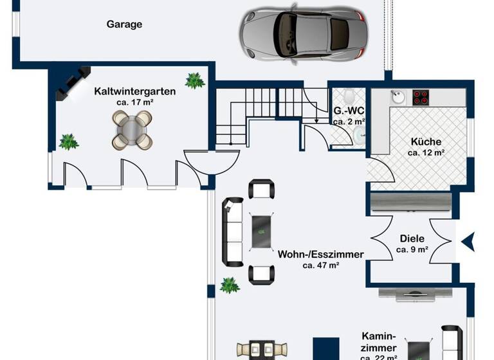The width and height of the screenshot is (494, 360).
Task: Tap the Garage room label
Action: (124, 24)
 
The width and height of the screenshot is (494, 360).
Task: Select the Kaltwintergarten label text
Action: (134, 91)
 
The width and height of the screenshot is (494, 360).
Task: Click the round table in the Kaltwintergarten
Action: (132, 129)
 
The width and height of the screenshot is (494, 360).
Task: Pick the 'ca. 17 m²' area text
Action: (135, 102)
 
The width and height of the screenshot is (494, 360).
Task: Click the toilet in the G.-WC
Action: (349, 96)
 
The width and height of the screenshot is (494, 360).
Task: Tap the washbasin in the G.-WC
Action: (358, 134)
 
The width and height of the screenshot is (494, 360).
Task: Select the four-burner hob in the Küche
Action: (421, 97)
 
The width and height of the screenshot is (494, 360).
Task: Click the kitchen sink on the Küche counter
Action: (398, 98)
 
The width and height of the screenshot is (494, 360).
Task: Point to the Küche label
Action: (426, 142)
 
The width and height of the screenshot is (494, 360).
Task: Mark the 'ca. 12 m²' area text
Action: (426, 153)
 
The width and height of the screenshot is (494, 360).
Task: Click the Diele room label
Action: (412, 239)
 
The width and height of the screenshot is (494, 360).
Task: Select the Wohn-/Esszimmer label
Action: (320, 254)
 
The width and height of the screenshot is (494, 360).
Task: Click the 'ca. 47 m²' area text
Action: (320, 265)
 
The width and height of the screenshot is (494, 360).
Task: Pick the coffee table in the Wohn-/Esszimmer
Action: (261, 231)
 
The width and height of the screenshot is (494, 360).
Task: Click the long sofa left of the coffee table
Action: (232, 232)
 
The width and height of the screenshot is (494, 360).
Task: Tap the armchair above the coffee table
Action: (261, 189)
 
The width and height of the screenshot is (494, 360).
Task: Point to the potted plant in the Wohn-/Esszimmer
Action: (229, 285)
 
